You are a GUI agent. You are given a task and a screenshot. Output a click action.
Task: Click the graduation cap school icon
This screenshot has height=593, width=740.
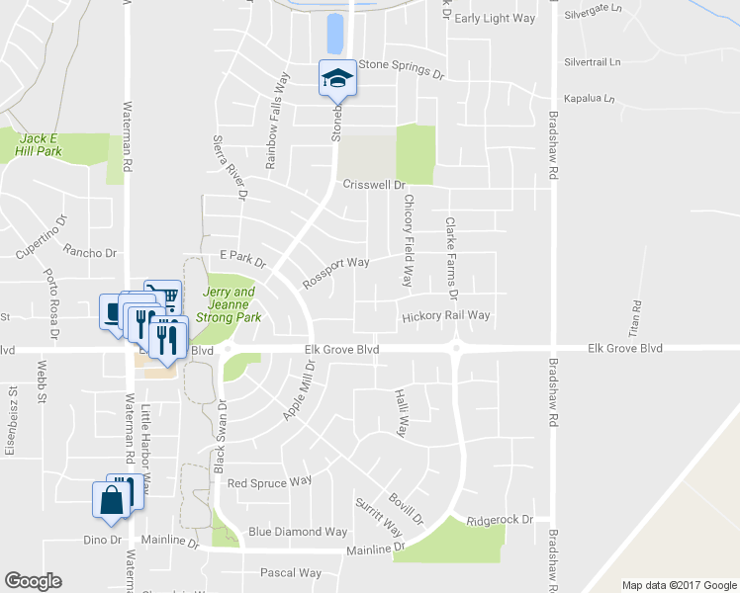tap(337, 78)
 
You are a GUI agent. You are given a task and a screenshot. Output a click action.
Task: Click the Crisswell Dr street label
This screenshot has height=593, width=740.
tap(375, 185)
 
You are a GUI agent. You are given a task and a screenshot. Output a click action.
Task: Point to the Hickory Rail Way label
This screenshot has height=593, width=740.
tap(446, 316)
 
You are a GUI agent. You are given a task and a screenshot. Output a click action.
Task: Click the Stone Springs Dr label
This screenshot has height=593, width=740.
tap(402, 68)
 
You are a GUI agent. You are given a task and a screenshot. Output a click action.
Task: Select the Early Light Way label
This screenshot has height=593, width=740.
tap(495, 18)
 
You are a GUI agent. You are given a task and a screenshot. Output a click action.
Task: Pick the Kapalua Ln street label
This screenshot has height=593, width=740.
tap(589, 99)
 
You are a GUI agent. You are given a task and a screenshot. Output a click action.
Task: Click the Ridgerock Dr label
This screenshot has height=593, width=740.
tap(500, 520)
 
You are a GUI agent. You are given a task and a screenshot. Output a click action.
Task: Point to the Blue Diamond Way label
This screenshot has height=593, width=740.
tap(298, 532)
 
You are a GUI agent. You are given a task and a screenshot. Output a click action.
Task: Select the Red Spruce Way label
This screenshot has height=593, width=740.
tap(269, 482)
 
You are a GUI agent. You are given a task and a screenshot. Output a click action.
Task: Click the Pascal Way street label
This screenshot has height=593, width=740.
tap(291, 572)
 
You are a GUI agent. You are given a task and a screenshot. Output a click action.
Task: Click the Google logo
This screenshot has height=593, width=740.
tap(33, 581)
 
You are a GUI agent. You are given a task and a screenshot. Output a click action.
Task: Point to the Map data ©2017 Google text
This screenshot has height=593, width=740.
tap(678, 585)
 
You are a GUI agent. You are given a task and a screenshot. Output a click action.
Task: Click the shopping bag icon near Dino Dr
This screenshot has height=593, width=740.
tap(111, 501)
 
